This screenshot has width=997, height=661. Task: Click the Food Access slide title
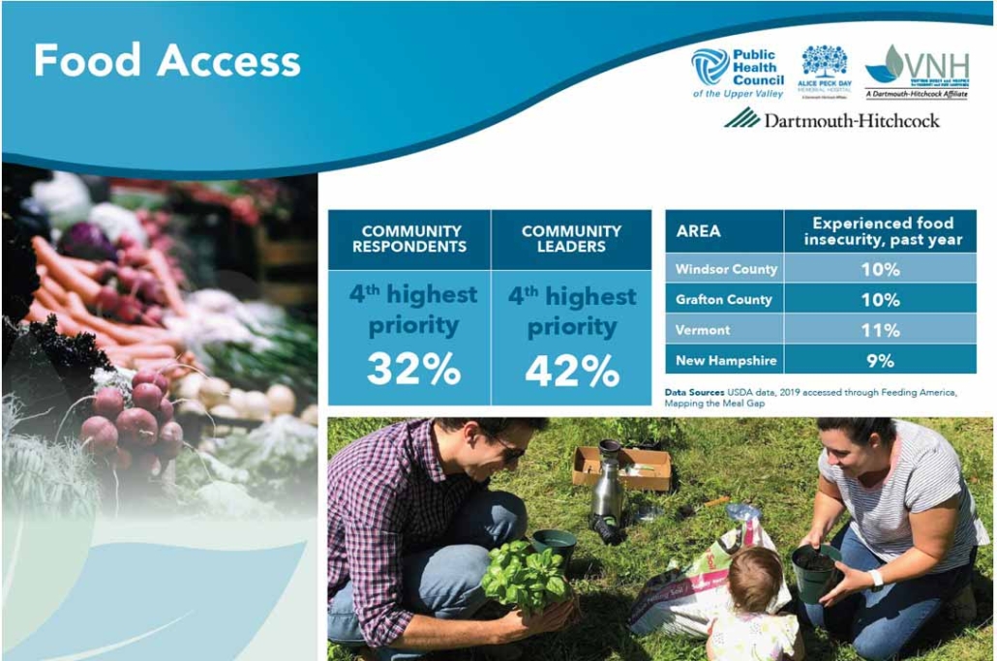pyautogui.click(x=166, y=60)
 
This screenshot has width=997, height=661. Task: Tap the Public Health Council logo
pyautogui.click(x=737, y=74)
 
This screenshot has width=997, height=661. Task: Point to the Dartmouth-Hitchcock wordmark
pyautogui.click(x=831, y=120)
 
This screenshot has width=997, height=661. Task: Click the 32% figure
pyautogui.click(x=409, y=370)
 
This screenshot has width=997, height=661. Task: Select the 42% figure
pyautogui.click(x=571, y=370)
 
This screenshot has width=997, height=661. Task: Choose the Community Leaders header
pyautogui.click(x=571, y=238)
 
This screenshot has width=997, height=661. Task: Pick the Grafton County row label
pyautogui.click(x=724, y=299)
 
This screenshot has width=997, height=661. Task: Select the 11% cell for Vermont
pyautogui.click(x=880, y=330)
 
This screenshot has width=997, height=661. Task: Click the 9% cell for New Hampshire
pyautogui.click(x=880, y=361)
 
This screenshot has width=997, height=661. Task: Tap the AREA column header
pyautogui.click(x=699, y=231)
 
